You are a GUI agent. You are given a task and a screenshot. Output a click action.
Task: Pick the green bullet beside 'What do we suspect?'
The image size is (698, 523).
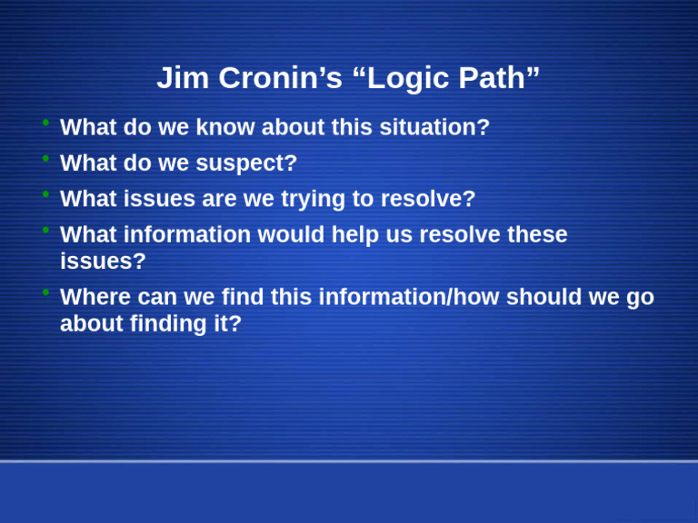[45, 159]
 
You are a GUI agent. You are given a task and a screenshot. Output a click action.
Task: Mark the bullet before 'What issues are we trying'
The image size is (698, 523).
[45, 194]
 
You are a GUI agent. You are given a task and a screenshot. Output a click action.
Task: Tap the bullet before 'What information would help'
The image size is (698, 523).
[45, 231]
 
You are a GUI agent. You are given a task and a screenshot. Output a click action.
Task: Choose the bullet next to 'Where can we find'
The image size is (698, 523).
[45, 292]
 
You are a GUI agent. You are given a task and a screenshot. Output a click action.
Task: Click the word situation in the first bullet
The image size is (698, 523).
[428, 128]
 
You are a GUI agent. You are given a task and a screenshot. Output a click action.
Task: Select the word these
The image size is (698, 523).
[537, 235]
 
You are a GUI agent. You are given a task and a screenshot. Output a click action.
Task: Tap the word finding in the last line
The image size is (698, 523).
[170, 324]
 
